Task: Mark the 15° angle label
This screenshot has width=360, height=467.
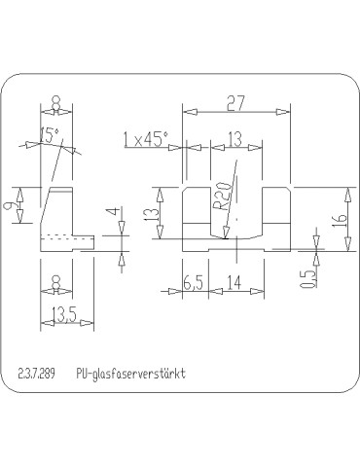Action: tap(50, 133)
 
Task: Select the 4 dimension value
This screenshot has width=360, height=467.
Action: tap(113, 212)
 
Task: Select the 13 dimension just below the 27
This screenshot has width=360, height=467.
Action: tap(234, 138)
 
